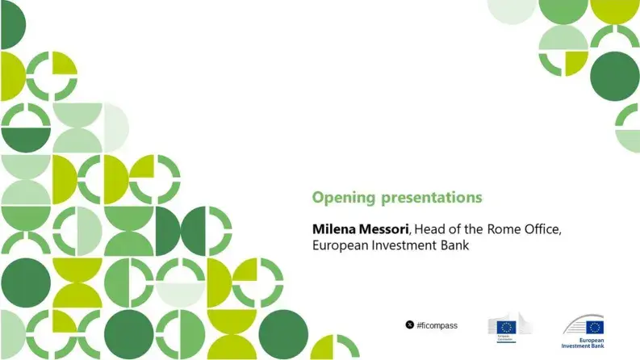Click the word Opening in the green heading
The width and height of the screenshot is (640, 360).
click(338, 197)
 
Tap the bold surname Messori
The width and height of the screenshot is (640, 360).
click(383, 228)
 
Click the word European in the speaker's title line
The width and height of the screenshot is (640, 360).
click(341, 245)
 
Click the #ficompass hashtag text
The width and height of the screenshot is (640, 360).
click(437, 325)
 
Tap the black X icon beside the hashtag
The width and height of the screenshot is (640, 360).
click(410, 325)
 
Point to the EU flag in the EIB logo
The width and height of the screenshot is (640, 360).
click(595, 327)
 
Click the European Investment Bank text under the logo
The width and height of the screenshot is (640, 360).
click(584, 342)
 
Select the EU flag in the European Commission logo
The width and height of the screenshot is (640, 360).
click(506, 326)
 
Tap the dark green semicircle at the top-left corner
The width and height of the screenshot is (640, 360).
click(11, 27)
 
